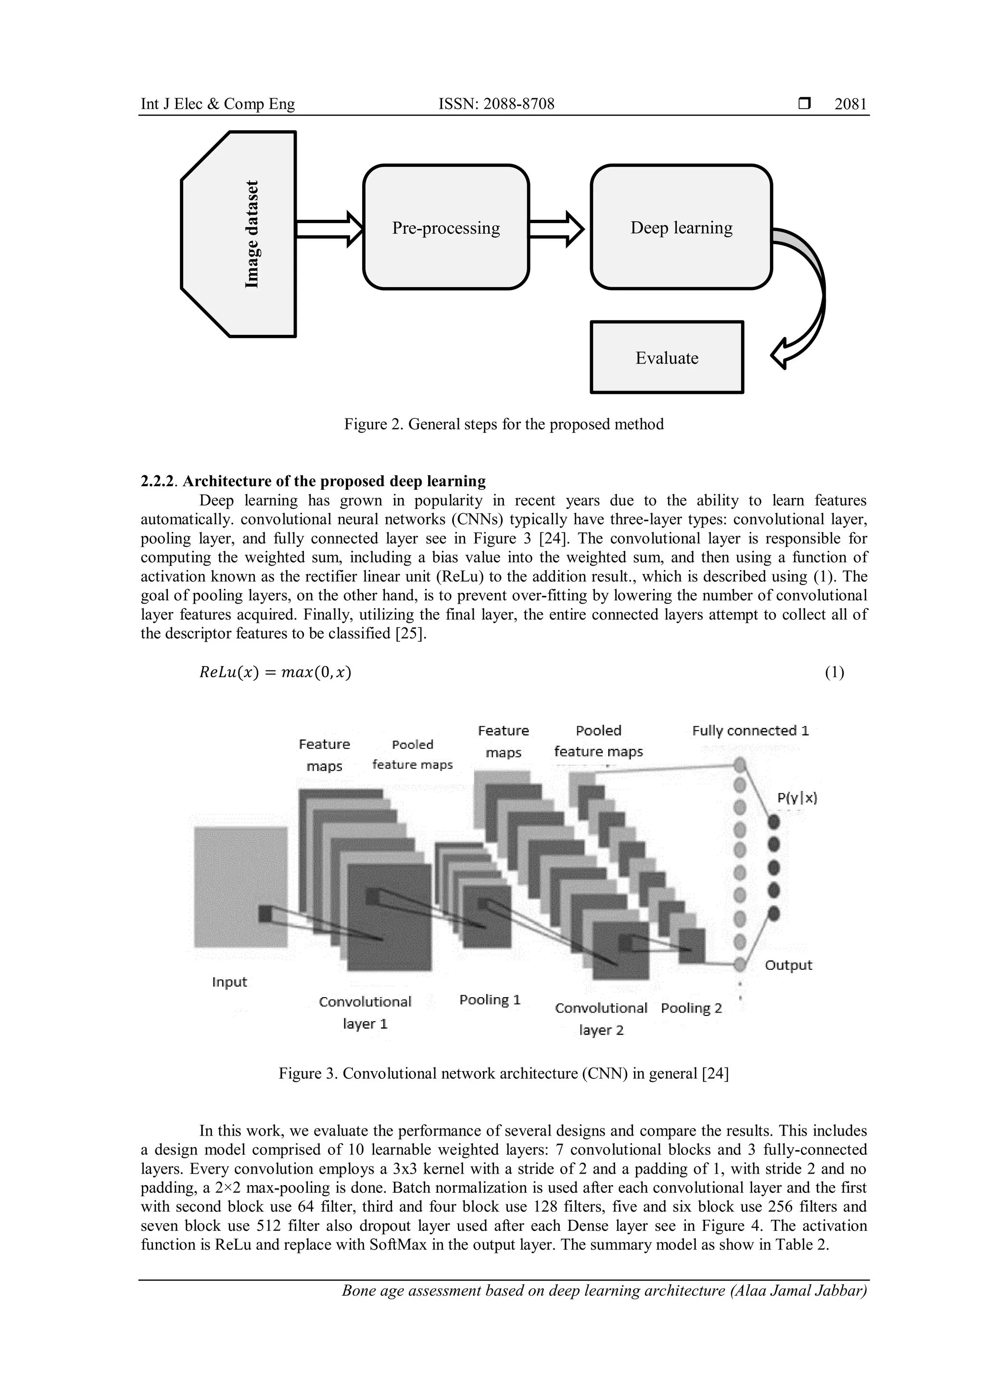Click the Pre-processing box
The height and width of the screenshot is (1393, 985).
446,228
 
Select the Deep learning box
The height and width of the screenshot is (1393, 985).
681,228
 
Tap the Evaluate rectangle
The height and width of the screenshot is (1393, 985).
667,358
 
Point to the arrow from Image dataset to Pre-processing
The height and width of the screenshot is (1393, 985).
328,229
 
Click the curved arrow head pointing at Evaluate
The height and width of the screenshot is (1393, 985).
781,355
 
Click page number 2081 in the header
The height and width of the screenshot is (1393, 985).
850,104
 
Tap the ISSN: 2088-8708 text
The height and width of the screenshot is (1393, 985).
496,104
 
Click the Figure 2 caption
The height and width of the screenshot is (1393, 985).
504,424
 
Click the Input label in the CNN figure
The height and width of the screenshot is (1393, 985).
229,982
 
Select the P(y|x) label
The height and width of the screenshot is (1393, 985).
797,798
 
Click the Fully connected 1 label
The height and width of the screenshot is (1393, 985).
750,731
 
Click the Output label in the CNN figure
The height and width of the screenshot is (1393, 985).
788,965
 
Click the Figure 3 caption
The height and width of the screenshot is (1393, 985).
504,1073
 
